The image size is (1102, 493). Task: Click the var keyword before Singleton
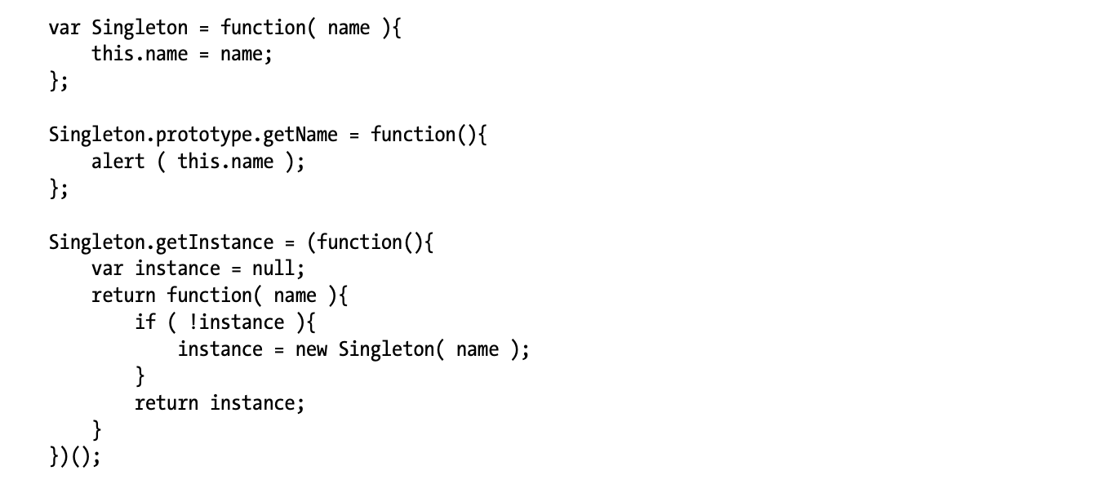pos(64,28)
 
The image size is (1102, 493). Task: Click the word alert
pos(118,162)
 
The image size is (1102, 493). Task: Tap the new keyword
pos(310,349)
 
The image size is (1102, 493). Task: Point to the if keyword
pos(145,322)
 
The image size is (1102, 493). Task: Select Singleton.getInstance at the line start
pos(161,242)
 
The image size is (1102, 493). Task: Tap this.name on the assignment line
pos(140,55)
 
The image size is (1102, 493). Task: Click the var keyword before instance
pos(107,269)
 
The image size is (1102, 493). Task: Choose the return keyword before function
pos(123,295)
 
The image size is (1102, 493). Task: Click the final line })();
pos(74,457)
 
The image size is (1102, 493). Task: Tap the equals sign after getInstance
pos(289,242)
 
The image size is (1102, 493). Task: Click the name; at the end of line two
pos(246,55)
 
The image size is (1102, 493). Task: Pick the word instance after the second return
pos(256,402)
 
